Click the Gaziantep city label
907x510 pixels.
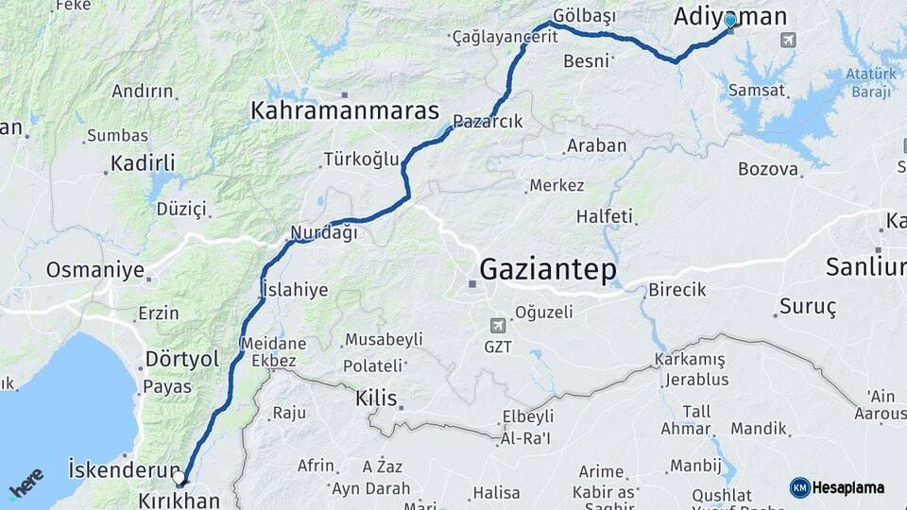coord(548,270)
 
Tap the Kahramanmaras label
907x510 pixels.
coord(344,110)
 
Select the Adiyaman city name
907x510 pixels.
coord(730,16)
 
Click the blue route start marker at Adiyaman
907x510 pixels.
coord(730,21)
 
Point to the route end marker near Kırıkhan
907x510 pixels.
coord(180,479)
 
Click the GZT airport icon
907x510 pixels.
coord(498,325)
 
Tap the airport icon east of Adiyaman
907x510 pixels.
coord(788,41)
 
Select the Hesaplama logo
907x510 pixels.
coord(837,487)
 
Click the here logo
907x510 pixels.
coord(26,484)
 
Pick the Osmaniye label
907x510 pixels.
coord(94,270)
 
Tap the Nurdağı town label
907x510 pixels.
coord(324,232)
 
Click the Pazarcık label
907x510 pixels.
coord(488,121)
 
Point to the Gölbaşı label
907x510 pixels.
coord(584,16)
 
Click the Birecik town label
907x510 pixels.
coord(676,290)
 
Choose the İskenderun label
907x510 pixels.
coord(124,468)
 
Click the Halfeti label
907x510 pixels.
coord(605,216)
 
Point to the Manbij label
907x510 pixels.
coord(695,465)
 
